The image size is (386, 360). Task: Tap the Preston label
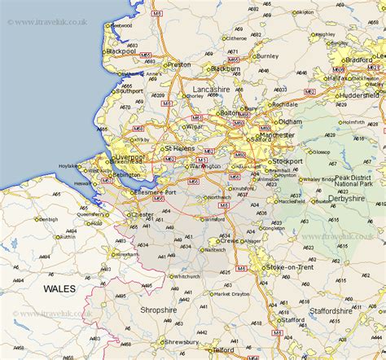pos(178,64)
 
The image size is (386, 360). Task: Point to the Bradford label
pos(359,59)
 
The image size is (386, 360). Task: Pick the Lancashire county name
pos(211,89)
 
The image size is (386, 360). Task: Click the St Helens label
pos(180,149)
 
